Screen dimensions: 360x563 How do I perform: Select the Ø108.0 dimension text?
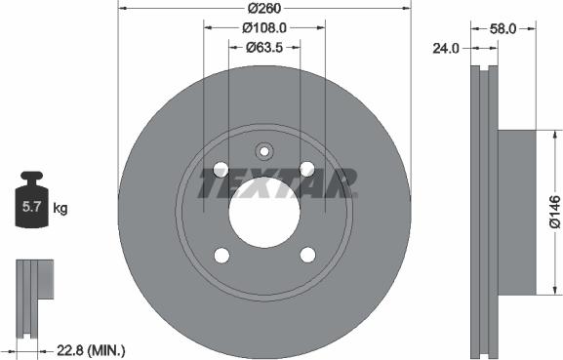coord(262,29)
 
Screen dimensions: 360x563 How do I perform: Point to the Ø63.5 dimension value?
coord(262,47)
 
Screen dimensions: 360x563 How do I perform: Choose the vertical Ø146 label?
coord(553,210)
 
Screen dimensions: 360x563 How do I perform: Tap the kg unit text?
coord(60,208)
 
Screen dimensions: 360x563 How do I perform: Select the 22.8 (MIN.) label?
coord(89,347)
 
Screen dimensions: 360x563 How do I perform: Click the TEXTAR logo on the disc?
coord(277,181)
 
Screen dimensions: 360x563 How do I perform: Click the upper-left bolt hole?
coord(220,167)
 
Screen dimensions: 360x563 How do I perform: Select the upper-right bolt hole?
coord(307,167)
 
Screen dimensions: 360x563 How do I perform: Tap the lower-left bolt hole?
coord(220,256)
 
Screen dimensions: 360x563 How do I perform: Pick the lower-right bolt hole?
coord(307,256)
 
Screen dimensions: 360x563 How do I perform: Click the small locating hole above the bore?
coord(263,150)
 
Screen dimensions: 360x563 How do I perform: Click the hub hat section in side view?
coord(517,210)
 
